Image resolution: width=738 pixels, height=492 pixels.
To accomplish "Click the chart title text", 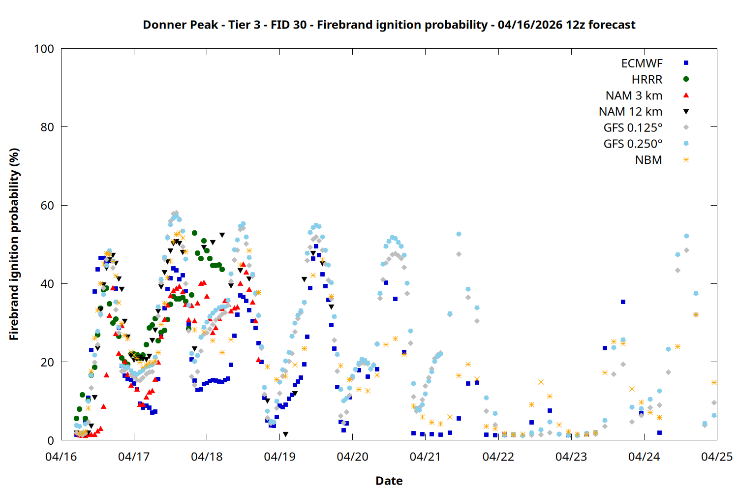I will (x=389, y=25).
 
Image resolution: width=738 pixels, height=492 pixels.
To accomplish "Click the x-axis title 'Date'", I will (x=389, y=481).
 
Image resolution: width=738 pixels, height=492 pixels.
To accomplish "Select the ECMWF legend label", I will (x=642, y=63).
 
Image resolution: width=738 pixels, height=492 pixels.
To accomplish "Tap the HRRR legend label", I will (x=647, y=80).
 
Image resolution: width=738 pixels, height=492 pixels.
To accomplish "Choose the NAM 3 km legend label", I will (x=634, y=95).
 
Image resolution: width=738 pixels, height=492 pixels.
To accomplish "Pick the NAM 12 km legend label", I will (x=630, y=112).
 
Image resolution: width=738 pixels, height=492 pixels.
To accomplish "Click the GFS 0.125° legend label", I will (x=633, y=128).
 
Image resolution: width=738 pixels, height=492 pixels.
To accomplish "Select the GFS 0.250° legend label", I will (x=633, y=144).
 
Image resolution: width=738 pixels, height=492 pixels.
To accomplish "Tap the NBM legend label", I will (x=648, y=160).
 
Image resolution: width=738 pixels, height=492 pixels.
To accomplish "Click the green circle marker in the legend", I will (x=686, y=79).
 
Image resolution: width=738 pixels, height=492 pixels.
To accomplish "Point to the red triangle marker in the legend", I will (x=686, y=95).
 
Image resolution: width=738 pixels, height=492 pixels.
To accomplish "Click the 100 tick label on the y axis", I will (x=44, y=49).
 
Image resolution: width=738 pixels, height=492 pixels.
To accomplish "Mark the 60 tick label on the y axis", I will (x=47, y=205).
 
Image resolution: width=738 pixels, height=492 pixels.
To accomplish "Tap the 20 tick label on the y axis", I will (x=47, y=362).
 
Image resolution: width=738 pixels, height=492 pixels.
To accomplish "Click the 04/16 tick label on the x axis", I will (x=61, y=457).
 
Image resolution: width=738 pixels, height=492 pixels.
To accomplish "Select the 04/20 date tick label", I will (x=352, y=457).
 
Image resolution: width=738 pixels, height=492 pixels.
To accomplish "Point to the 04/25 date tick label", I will (x=716, y=457).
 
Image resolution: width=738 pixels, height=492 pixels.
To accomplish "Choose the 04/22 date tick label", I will (x=498, y=457).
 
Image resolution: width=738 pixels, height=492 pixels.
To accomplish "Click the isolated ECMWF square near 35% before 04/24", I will (x=623, y=302).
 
